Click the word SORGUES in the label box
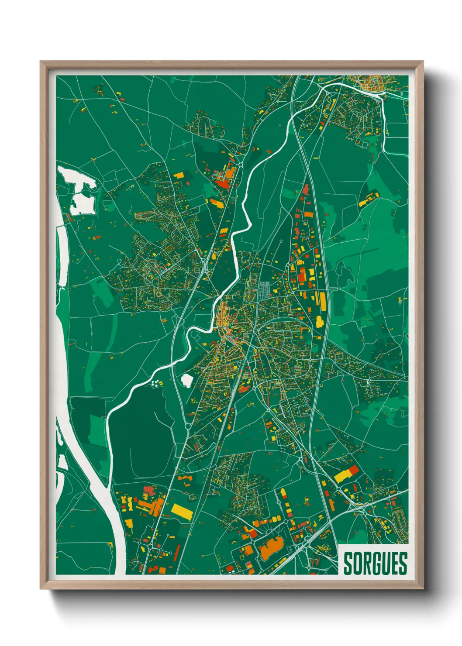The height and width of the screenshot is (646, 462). (x=375, y=563)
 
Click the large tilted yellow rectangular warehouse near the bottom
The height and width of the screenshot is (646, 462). (x=181, y=512)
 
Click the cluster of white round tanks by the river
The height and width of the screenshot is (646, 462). (x=155, y=384)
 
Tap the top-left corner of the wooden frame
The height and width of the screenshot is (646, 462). (x=41, y=62)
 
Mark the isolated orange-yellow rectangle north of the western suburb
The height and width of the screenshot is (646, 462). (x=179, y=175)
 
